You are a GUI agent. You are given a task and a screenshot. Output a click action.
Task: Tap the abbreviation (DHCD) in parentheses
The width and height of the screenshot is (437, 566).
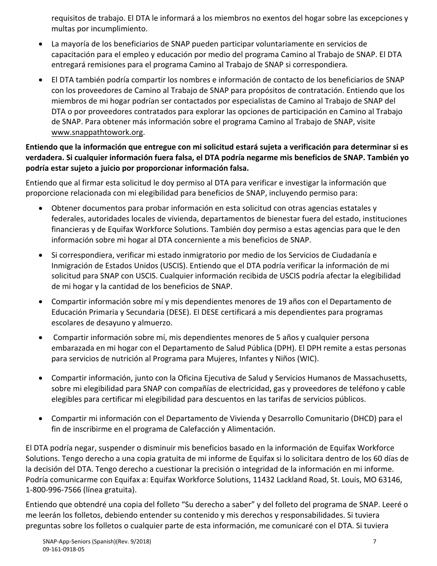[x=365, y=419]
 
